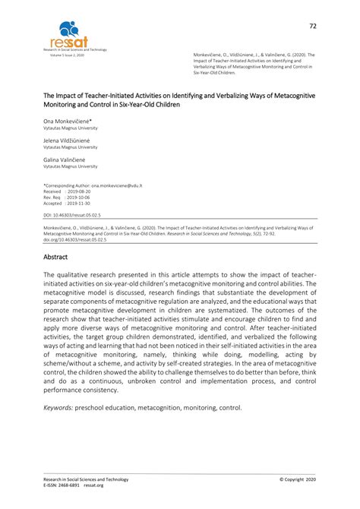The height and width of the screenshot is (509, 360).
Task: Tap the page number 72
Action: [312, 26]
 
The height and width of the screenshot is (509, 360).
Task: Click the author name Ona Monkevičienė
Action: [68, 121]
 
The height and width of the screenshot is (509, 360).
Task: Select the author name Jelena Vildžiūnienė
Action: [67, 141]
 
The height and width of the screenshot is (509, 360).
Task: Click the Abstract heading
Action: [57, 258]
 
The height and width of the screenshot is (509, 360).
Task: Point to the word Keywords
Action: [58, 408]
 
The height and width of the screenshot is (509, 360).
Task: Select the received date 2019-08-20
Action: [80, 191]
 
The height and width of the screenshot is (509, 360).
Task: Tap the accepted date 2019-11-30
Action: [80, 204]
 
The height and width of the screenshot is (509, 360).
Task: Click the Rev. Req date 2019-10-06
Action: [80, 198]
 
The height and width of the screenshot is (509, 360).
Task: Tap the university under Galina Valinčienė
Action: [70, 166]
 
